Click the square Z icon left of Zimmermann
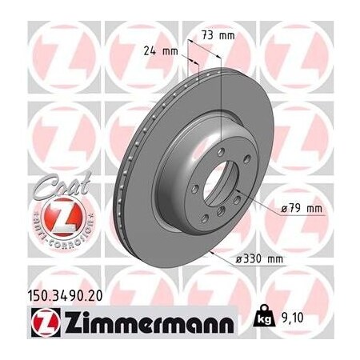[34, 325]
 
